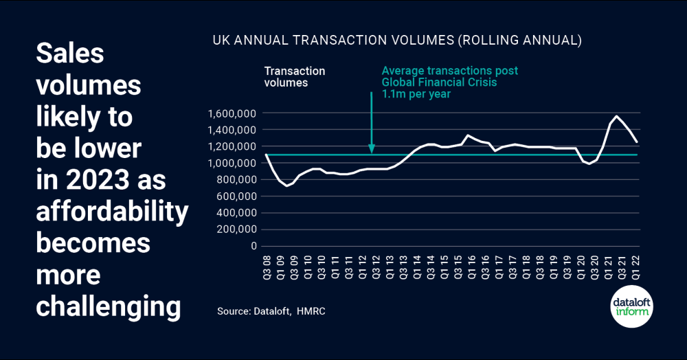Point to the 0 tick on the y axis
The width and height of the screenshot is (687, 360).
253,246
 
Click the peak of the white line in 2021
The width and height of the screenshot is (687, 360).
617,116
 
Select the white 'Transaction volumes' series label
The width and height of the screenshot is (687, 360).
295,77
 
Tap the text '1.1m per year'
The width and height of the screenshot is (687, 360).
416,94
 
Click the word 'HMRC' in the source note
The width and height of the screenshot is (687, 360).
311,311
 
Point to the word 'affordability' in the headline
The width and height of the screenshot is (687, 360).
112,212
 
